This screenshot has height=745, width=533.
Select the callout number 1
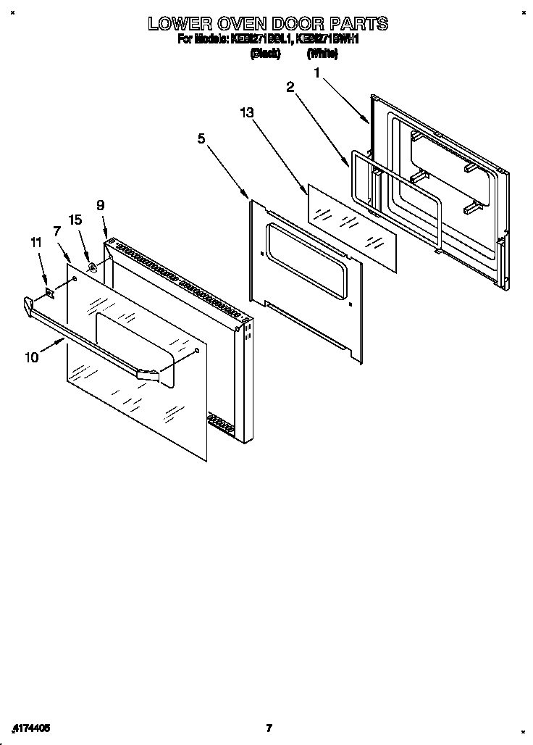(x=317, y=72)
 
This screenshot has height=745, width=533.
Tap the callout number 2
(x=290, y=87)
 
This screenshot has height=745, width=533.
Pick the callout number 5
(x=201, y=138)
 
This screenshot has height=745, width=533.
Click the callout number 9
(x=101, y=204)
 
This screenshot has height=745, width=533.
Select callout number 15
(x=75, y=219)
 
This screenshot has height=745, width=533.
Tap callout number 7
(x=56, y=231)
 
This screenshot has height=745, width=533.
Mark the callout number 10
(x=32, y=357)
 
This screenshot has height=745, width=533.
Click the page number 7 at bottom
(x=269, y=728)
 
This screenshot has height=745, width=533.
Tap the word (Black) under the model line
(x=265, y=54)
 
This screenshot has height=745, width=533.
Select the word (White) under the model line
(x=322, y=54)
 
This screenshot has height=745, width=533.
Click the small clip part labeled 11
(x=49, y=293)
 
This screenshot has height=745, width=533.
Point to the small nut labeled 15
(x=92, y=268)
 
